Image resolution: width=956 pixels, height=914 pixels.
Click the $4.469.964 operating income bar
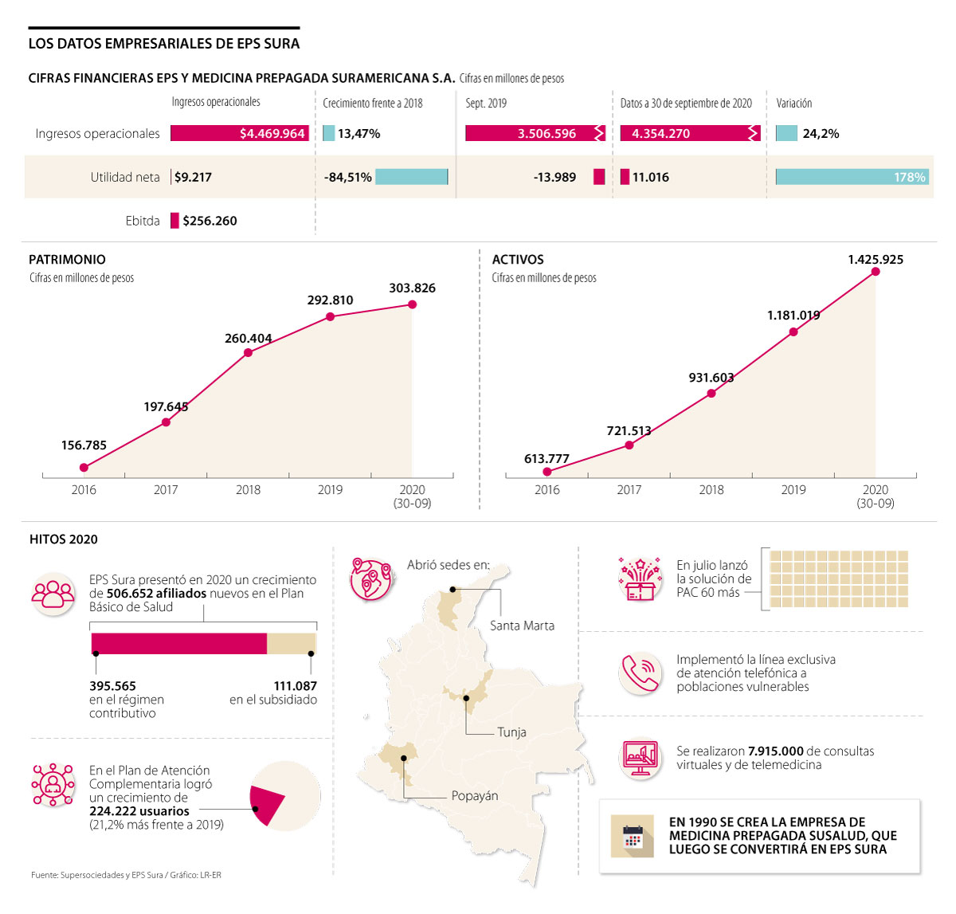(x=239, y=134)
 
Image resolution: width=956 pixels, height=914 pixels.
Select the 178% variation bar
(x=852, y=177)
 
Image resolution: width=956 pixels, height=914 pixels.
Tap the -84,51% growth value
(x=347, y=178)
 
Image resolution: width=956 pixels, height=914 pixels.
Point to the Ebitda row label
(x=143, y=221)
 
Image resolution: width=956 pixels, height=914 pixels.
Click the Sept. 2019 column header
(x=486, y=104)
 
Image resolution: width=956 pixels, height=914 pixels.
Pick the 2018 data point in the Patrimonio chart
(x=248, y=352)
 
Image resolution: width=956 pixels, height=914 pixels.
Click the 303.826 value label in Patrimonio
(x=412, y=288)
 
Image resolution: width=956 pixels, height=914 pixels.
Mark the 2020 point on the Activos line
(x=876, y=272)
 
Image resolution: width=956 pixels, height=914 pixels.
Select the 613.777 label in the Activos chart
(x=547, y=459)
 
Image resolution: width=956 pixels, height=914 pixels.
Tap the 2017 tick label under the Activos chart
(x=629, y=490)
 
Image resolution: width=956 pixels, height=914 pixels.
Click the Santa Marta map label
(x=522, y=626)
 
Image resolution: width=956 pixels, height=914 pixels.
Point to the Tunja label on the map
(x=511, y=732)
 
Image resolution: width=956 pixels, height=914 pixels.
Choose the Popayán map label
(x=474, y=796)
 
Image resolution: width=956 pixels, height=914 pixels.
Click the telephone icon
(x=640, y=673)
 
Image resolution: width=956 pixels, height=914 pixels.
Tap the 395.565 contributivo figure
(x=112, y=686)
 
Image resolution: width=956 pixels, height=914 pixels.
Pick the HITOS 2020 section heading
(x=64, y=539)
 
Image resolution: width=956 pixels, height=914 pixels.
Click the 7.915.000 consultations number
(x=775, y=751)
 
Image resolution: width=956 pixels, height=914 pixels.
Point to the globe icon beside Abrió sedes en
(x=371, y=579)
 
